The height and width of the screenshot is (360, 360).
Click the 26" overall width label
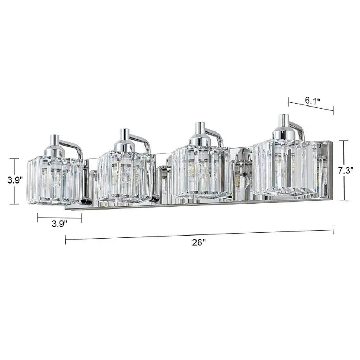pos(199,243)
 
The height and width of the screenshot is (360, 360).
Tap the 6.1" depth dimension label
pos(313,101)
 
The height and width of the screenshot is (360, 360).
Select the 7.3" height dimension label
pos(346,171)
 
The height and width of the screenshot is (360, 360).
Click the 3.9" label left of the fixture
pos(15,180)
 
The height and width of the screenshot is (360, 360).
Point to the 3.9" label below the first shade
pos(59,223)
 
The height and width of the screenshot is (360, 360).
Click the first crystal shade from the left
pos(54,180)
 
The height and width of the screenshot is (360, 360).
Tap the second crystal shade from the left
pos(125,176)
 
